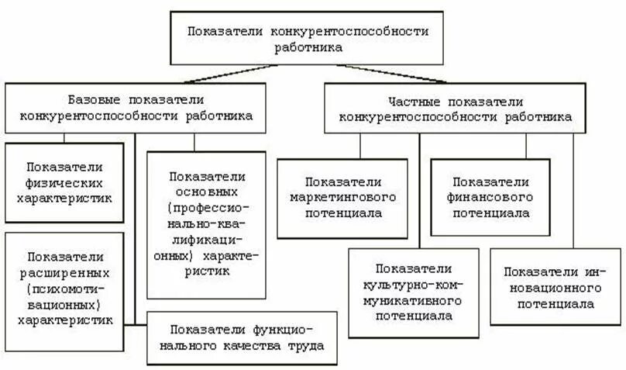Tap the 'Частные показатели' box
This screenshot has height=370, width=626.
pos(455,109)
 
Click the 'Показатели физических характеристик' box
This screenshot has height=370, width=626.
pos(64,182)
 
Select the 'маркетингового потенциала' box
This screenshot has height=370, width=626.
pos(342,197)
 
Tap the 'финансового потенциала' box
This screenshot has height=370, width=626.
pos(490,197)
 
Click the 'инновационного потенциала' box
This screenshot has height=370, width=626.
pos(555,286)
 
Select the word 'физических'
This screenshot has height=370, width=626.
pos(64,182)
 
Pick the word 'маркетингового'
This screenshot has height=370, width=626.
pos(342,196)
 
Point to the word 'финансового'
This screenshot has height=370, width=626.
pos(490,197)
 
